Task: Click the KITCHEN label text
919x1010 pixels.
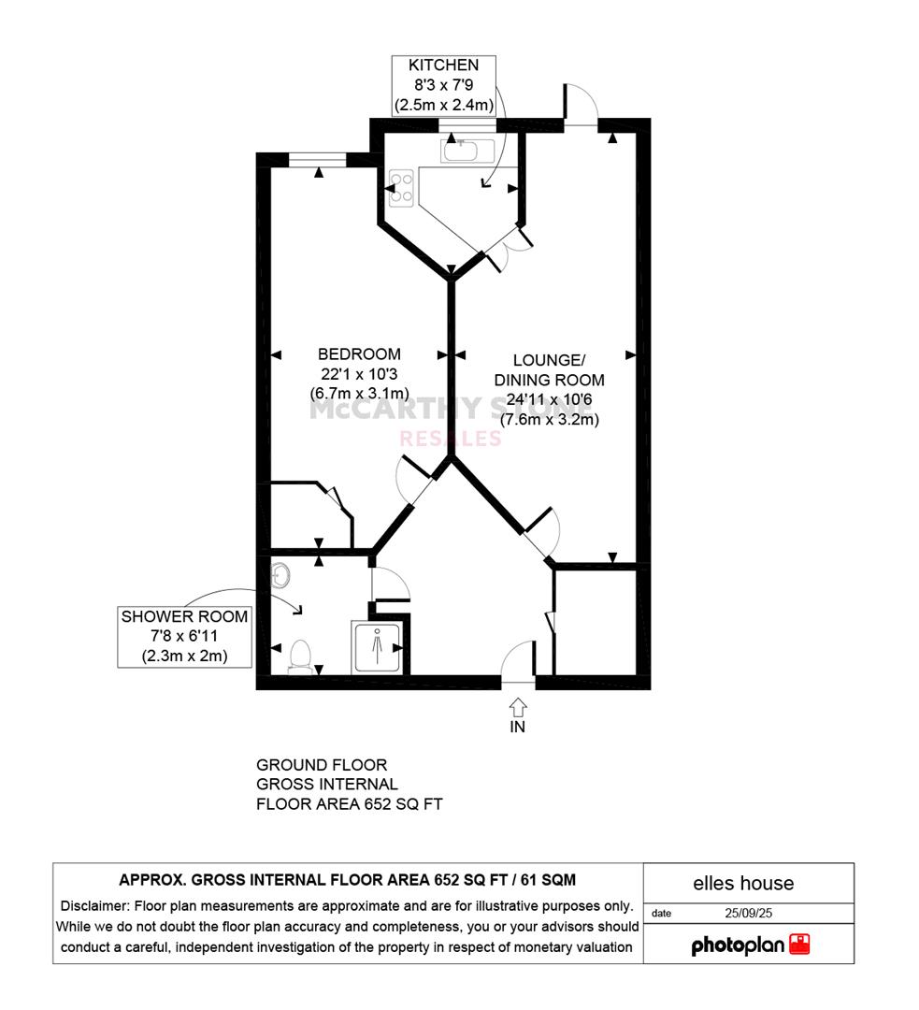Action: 444,65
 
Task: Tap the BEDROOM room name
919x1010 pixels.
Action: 359,354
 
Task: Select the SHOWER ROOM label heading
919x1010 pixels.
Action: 184,616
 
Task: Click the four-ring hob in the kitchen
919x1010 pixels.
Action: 401,187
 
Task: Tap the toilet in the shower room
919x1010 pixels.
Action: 300,656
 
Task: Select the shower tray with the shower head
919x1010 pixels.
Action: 377,647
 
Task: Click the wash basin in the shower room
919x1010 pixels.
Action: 280,574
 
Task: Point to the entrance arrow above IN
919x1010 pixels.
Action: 518,707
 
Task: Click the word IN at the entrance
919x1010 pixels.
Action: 518,727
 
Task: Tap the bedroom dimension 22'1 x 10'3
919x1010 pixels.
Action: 359,373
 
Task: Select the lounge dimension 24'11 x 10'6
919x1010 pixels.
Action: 550,399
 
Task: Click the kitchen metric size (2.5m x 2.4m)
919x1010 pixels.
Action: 444,105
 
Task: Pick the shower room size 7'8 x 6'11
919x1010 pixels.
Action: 184,636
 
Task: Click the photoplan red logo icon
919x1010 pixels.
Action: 799,944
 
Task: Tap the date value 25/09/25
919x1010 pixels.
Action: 748,913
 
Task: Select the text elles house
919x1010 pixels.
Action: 743,883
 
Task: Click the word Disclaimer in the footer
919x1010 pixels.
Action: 94,905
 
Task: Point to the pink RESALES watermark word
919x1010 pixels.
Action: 451,439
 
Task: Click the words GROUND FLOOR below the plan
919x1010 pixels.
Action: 322,765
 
